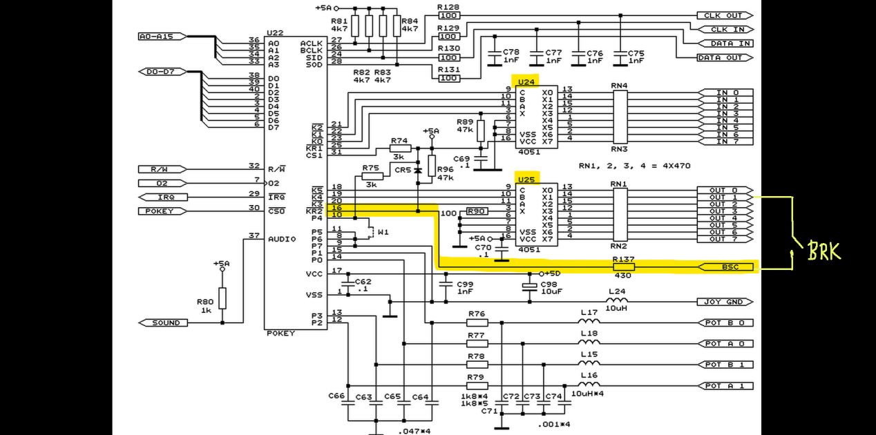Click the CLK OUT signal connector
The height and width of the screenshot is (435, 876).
(x=724, y=15)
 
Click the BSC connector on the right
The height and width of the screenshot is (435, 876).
(x=725, y=267)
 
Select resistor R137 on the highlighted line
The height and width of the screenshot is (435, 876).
(x=623, y=267)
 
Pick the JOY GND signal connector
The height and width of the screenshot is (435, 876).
(x=724, y=302)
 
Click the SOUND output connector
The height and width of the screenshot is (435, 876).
(x=165, y=322)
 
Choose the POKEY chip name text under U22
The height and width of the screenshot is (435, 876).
(x=280, y=333)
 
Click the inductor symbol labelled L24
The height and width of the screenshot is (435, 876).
(x=617, y=300)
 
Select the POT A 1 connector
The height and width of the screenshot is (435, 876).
(x=724, y=385)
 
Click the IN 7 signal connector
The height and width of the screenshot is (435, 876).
(x=727, y=142)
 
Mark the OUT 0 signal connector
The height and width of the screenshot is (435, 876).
(x=724, y=190)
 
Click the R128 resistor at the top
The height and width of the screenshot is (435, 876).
(x=449, y=15)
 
